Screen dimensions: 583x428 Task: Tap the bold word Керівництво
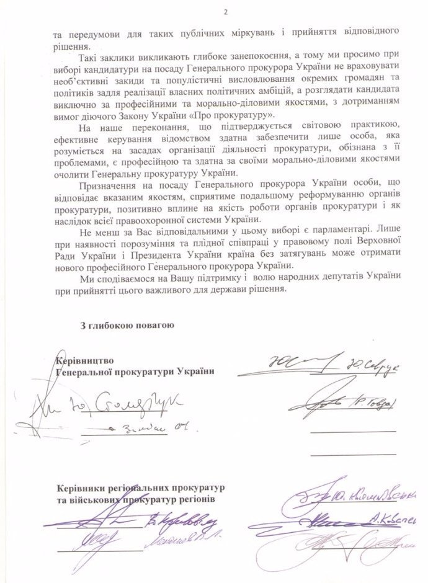[x=86, y=360]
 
